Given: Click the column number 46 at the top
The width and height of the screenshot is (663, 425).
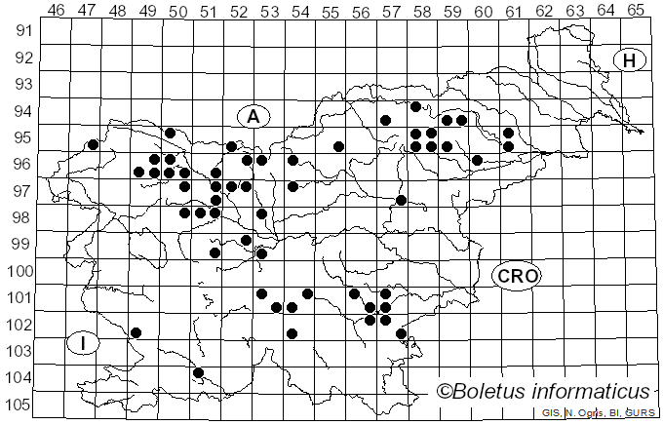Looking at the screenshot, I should (x=56, y=10).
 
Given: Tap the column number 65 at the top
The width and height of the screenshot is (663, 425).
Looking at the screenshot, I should (x=635, y=10).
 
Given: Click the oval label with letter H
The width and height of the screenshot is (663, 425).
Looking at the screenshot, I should (x=630, y=60).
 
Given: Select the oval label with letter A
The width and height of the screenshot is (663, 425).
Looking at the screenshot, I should (x=253, y=117).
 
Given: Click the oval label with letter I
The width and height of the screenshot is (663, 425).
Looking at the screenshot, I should (x=84, y=343).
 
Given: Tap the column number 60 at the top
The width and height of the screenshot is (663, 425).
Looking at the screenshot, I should (x=483, y=10).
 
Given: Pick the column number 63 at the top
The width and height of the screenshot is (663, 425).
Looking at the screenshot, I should (x=574, y=10).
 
